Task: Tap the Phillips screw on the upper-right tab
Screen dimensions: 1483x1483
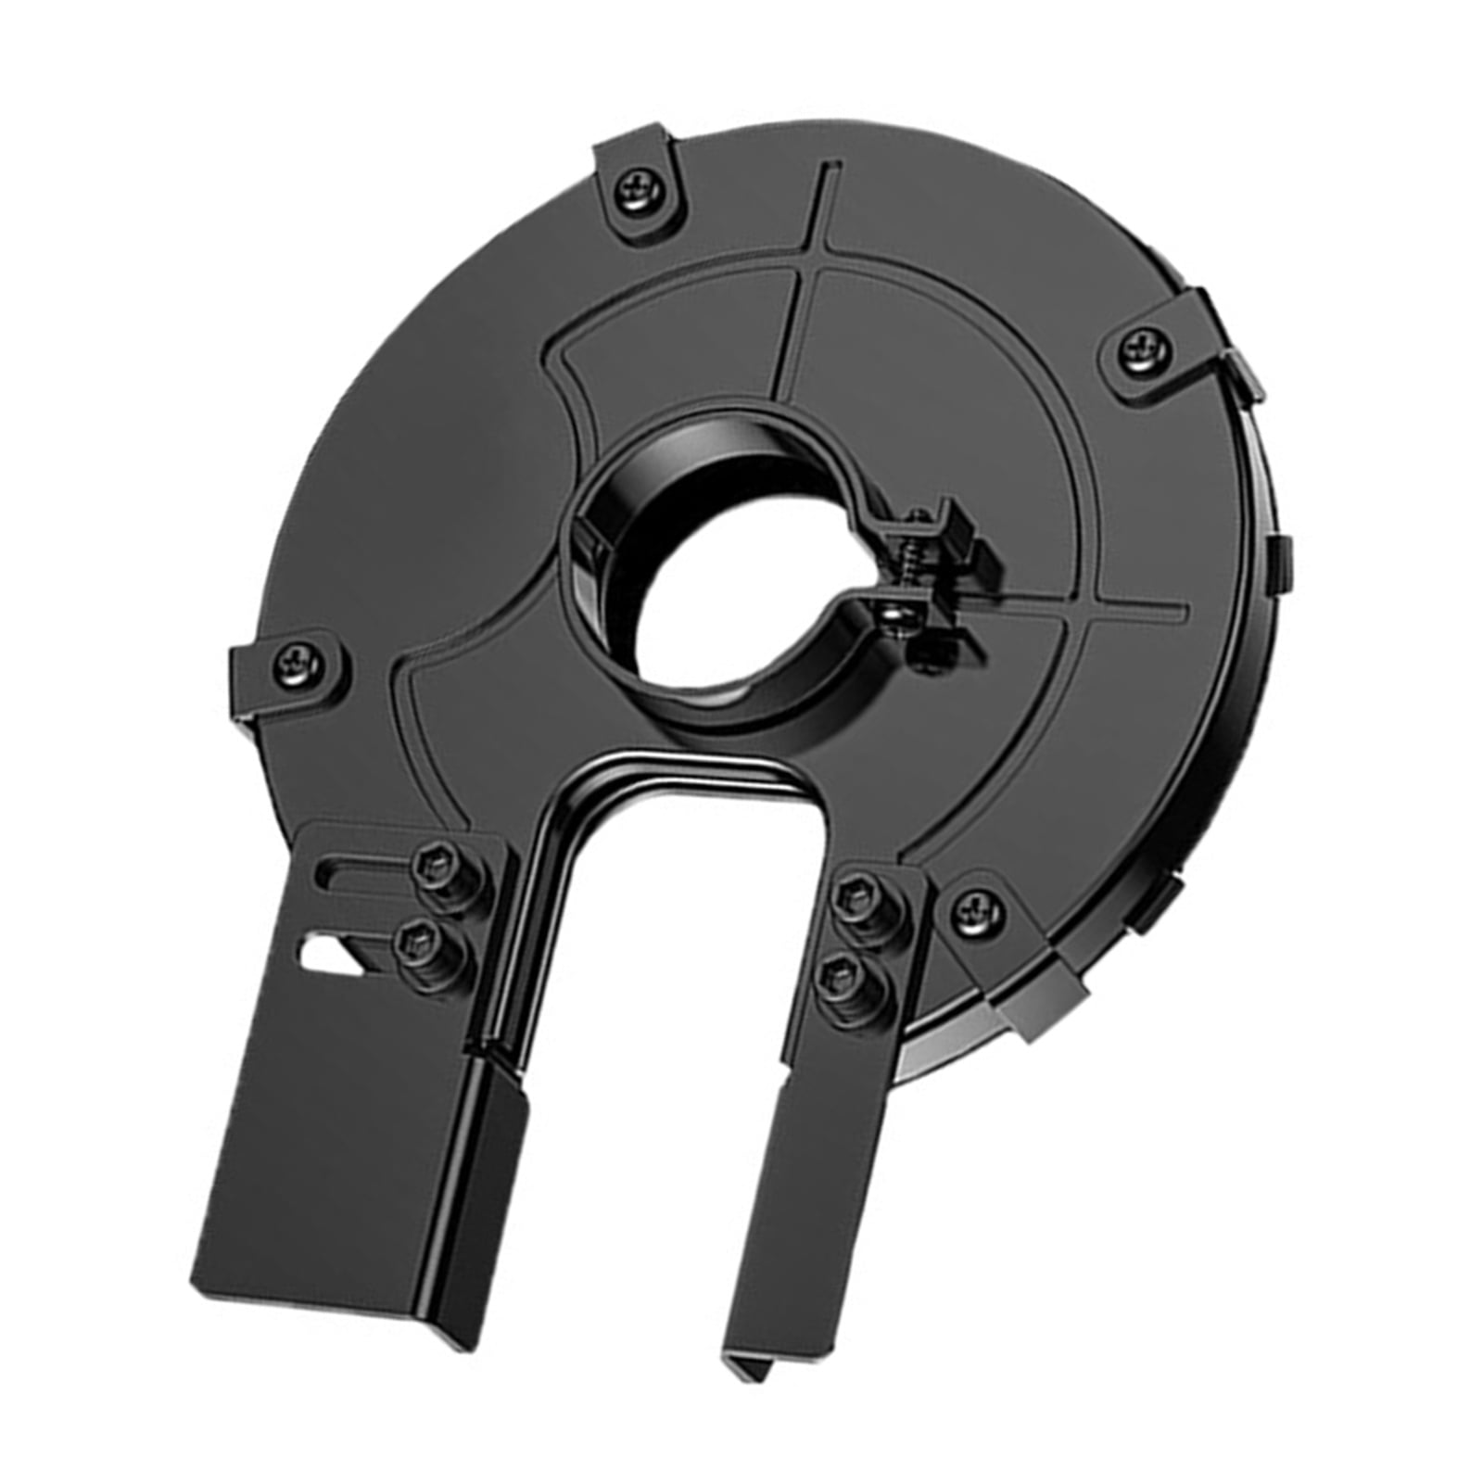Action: (1146, 348)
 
